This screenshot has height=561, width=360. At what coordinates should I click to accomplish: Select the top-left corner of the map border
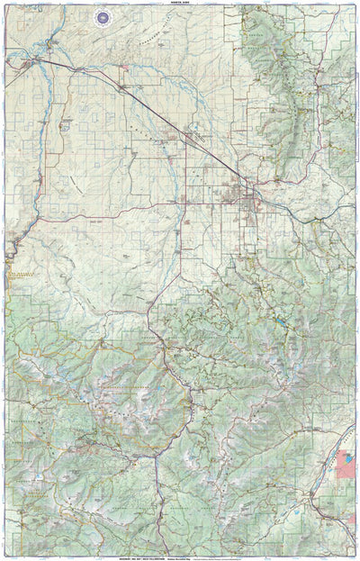point(4,8)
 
